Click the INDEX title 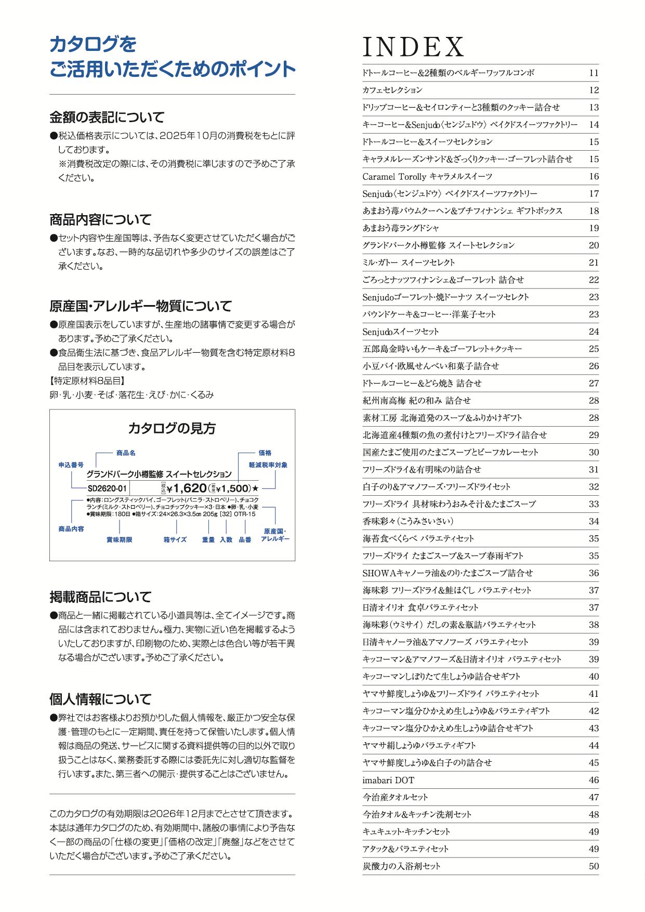413,47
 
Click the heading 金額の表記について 107,117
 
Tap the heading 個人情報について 100,699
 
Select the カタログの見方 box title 172,428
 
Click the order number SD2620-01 107,488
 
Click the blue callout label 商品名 126,453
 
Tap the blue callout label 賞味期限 120,540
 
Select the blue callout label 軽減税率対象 268,465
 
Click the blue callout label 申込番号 71,465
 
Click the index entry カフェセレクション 392,90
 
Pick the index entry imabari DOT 388,780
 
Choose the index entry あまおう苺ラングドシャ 401,228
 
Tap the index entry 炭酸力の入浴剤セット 401,866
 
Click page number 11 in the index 594,73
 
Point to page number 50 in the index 594,866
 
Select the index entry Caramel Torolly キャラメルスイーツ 427,177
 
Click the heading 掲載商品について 100,597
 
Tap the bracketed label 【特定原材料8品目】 87,381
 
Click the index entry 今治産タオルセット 395,797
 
